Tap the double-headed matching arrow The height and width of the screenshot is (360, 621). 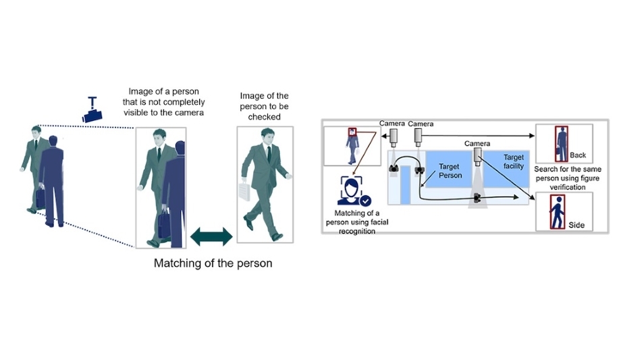[x=211, y=236]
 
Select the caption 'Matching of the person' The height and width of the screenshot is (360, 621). [x=213, y=263]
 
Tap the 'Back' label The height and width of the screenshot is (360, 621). [x=578, y=155]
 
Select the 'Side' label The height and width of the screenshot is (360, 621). [x=576, y=224]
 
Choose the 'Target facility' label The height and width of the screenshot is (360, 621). [x=513, y=161]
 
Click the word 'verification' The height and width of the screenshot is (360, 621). [x=563, y=187]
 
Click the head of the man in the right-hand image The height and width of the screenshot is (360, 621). [x=265, y=135]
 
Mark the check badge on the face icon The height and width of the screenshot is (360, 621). [x=365, y=201]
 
